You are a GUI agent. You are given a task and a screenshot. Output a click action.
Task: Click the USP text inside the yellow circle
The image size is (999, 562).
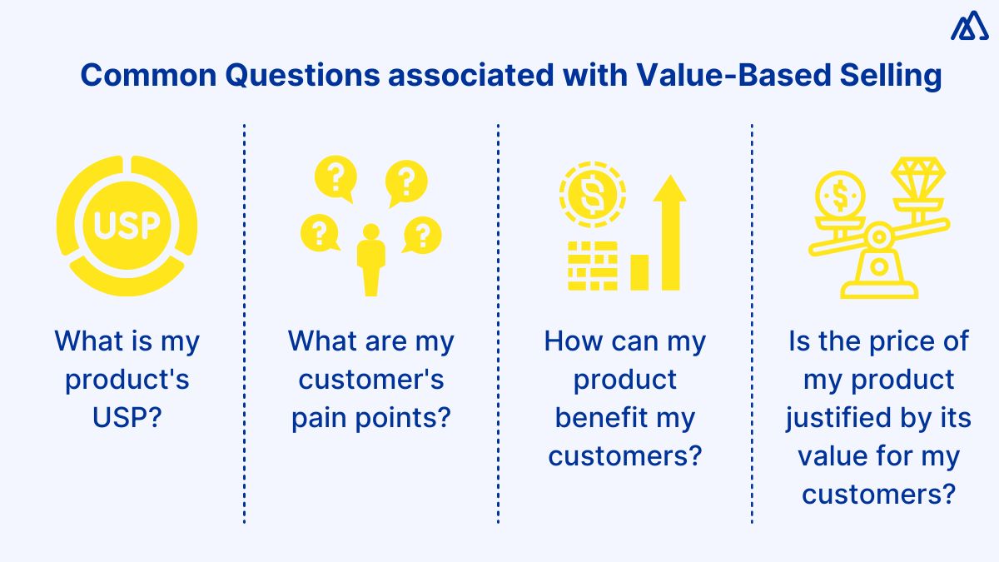click(127, 224)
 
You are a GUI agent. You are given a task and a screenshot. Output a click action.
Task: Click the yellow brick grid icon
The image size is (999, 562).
click(592, 266)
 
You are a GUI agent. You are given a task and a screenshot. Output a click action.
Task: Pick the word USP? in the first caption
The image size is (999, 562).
click(127, 417)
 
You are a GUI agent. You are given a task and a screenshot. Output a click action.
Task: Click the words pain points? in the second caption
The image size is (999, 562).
click(371, 417)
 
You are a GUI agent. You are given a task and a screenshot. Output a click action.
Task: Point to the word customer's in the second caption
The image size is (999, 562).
click(371, 380)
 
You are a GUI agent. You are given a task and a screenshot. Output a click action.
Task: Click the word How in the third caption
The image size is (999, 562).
click(571, 341)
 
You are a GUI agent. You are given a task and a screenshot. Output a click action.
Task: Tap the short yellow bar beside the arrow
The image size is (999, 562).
click(639, 272)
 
